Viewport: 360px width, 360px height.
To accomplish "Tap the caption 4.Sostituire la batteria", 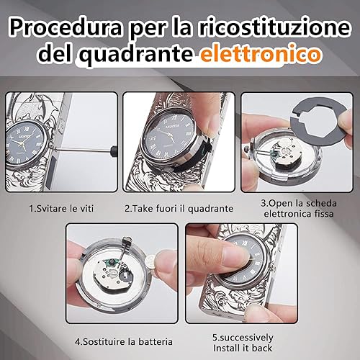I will tap(119, 335).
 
